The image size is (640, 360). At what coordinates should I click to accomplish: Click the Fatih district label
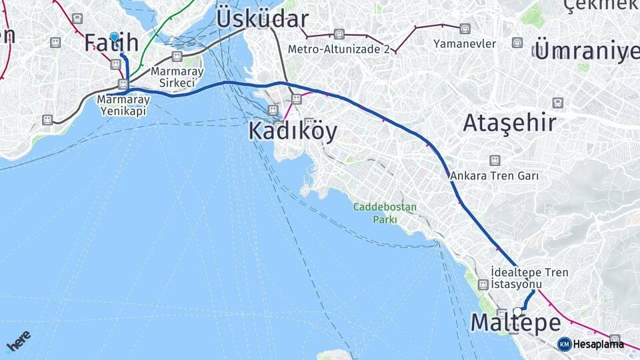point(111,43)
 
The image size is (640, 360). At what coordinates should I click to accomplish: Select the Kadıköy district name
point(292,131)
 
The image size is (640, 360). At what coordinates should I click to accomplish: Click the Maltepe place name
point(515,323)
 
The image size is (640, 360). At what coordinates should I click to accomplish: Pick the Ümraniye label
point(587,51)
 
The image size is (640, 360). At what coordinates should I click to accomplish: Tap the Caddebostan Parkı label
point(385,213)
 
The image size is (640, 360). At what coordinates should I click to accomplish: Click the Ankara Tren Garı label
point(494,176)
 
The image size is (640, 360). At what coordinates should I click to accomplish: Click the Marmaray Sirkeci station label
point(173,77)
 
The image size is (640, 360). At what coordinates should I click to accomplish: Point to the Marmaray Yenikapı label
point(124,104)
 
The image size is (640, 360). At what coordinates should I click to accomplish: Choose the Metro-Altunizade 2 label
point(339,49)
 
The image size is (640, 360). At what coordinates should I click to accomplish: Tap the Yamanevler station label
point(465,44)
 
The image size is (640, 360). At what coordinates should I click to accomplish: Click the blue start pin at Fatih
point(115,37)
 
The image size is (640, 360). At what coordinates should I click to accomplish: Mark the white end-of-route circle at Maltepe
point(517,311)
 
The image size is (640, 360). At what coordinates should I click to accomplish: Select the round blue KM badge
point(564,344)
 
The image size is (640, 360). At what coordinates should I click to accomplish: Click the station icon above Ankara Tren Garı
point(494,161)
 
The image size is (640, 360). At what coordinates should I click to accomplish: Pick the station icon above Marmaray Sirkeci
point(177,57)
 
